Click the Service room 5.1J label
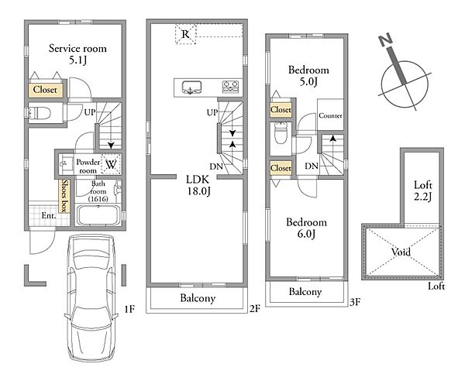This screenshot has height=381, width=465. tap(77, 54)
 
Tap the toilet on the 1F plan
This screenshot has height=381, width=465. tap(40, 113)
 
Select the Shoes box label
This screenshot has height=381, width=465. tap(64, 196)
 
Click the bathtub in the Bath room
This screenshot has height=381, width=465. tap(98, 215)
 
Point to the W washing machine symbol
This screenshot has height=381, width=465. tap(111, 164)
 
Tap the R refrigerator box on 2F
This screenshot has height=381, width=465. tap(186, 34)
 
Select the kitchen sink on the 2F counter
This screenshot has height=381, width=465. tap(191, 88)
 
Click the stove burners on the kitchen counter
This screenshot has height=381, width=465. tap(230, 87)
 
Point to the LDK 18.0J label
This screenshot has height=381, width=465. tap(198, 185)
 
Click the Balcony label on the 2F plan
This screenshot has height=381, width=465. tap(198, 297)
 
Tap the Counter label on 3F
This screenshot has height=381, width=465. tap(330, 115)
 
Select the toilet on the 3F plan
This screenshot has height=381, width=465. tap(279, 133)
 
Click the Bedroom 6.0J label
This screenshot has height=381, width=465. tap(306, 228)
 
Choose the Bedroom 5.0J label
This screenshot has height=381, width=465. tap(308, 76)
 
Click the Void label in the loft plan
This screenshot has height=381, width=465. tap(401, 252)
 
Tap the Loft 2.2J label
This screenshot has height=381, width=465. tap(423, 190)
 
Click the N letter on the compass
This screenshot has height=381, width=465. tap(386, 40)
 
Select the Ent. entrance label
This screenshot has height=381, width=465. tap(49, 215)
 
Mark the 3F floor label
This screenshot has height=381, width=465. tap(355, 302)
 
